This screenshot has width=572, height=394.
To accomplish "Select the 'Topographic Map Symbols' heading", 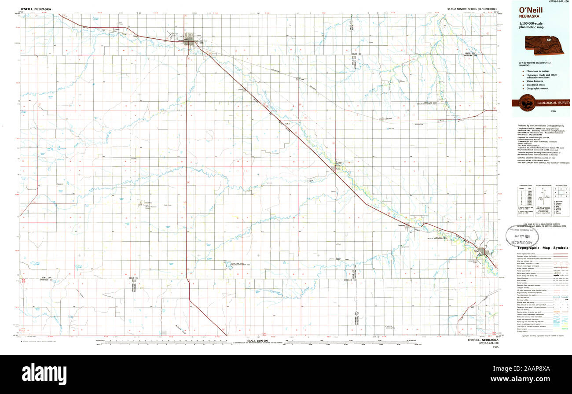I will click(x=542, y=248).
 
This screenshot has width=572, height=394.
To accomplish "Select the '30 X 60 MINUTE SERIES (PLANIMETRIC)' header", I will click(x=473, y=9).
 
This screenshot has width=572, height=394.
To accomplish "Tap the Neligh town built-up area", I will click(x=484, y=251).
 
